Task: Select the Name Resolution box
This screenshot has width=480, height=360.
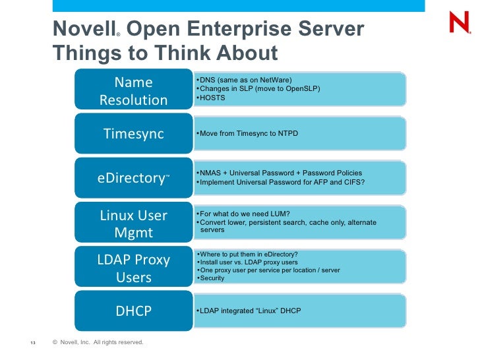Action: (x=134, y=90)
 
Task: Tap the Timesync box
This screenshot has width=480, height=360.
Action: (x=134, y=133)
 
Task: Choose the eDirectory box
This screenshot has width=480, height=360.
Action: (x=134, y=178)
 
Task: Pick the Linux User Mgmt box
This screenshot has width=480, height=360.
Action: (x=134, y=224)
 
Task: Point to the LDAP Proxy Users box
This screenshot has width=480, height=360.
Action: (x=134, y=268)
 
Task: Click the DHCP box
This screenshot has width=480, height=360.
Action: (x=134, y=311)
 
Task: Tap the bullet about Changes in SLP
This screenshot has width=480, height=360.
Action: (x=259, y=88)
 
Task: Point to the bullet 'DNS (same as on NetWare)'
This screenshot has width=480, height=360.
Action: (x=245, y=80)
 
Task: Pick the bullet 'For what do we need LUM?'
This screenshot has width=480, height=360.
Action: (x=244, y=214)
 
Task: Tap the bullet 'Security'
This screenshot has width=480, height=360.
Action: (x=212, y=278)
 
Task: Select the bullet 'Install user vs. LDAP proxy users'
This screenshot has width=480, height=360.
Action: (x=249, y=262)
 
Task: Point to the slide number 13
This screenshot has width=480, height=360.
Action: (x=32, y=343)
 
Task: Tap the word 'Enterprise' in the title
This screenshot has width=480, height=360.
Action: (x=225, y=29)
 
